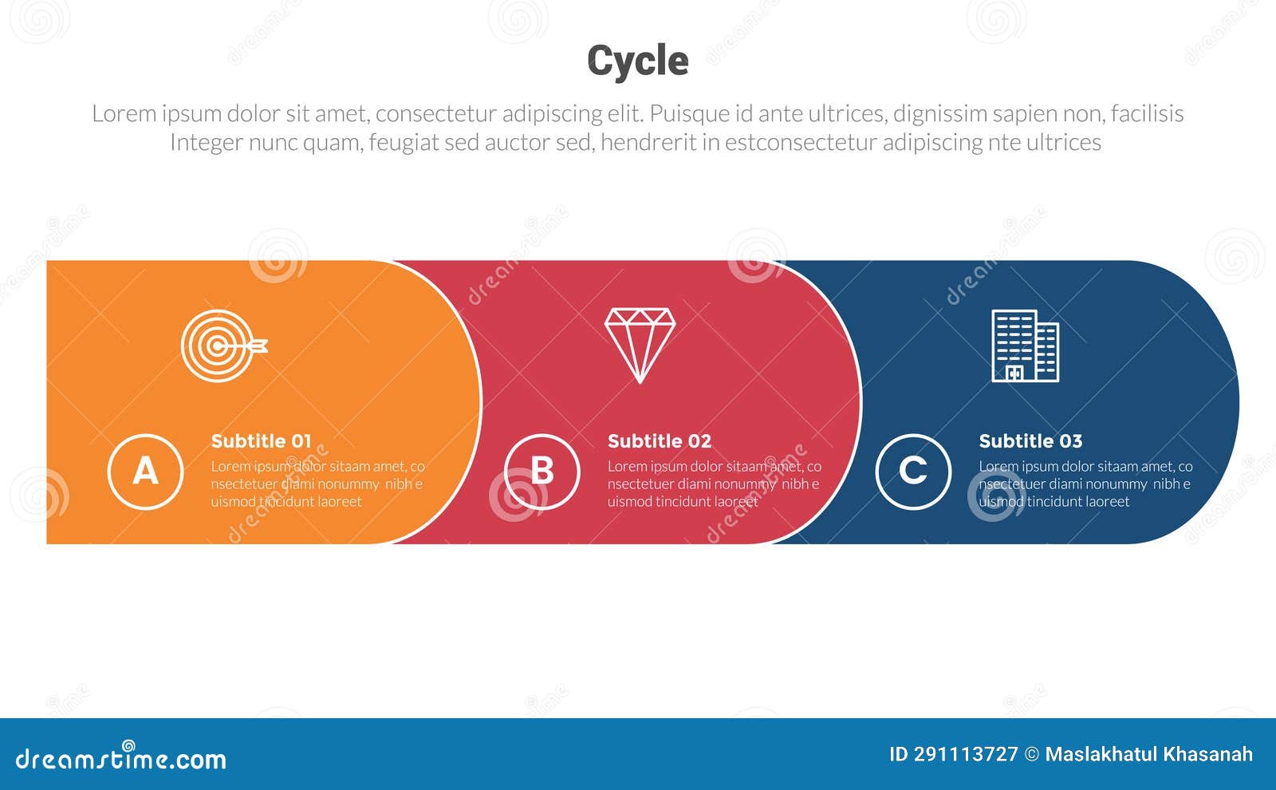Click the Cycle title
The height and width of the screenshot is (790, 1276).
[x=637, y=61]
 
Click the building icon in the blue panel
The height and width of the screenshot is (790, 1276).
[x=1025, y=346]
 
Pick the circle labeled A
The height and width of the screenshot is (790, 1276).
[x=145, y=471]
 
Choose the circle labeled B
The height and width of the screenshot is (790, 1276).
[x=542, y=471]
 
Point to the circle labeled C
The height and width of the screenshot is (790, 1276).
[x=912, y=471]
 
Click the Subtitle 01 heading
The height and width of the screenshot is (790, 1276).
[x=261, y=441]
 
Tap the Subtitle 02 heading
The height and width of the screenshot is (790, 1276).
[x=659, y=441]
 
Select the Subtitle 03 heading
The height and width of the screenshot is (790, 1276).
[x=1030, y=441]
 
